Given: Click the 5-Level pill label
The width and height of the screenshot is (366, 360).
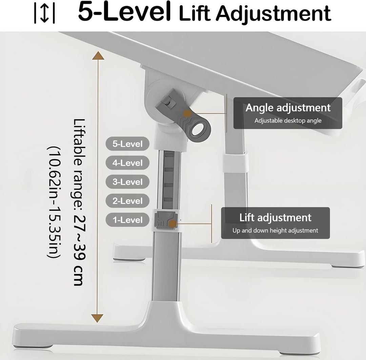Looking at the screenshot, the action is click(x=127, y=144).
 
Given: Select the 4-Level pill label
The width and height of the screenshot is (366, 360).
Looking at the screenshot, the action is click(x=127, y=163).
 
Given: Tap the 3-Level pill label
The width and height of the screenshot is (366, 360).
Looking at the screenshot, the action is click(x=127, y=182).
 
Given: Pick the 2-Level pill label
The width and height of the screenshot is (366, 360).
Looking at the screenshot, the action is click(x=127, y=201).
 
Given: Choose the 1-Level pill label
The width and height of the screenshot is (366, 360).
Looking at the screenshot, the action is click(x=127, y=220).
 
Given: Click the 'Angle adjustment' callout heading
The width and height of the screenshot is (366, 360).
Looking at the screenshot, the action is click(x=288, y=108).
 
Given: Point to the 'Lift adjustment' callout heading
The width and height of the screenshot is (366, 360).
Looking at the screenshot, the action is click(x=275, y=217).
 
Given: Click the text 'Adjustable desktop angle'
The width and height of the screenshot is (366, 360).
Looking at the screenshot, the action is click(x=288, y=121).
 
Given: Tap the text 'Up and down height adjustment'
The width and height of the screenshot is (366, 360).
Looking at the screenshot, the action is click(x=275, y=230).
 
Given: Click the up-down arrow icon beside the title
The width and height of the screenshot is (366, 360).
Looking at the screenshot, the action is click(x=44, y=13).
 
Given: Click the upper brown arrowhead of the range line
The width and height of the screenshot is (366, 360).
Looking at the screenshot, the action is click(x=98, y=56).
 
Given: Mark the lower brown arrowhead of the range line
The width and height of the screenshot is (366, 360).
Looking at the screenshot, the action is click(x=97, y=318).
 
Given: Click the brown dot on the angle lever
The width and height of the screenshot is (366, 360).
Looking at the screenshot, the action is click(x=187, y=114).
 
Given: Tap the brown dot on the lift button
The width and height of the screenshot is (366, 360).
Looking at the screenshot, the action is click(x=172, y=224).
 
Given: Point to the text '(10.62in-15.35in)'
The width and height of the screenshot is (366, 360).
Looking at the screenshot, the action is click(x=54, y=202).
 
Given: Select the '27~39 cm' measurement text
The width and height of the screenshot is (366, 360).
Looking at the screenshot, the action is click(x=79, y=250).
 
